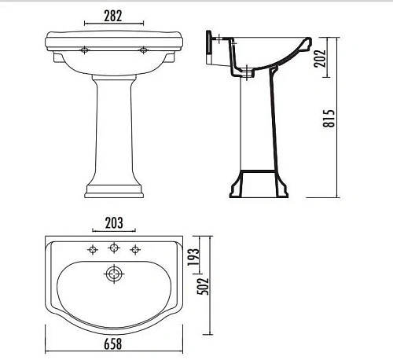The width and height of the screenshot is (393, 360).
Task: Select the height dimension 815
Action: [331, 118]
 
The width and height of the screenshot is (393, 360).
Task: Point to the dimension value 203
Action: [115, 222]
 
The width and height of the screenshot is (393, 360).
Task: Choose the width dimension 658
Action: [115, 343]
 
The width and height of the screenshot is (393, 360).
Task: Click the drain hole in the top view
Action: [116, 274]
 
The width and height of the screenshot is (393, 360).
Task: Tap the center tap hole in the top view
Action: [115, 250]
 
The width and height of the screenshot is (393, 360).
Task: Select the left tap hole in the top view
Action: [94, 251]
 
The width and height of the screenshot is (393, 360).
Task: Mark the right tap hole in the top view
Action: [136, 251]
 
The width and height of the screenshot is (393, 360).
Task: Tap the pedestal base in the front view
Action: [115, 189]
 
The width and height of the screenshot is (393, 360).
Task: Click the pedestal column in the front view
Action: [115, 126]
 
